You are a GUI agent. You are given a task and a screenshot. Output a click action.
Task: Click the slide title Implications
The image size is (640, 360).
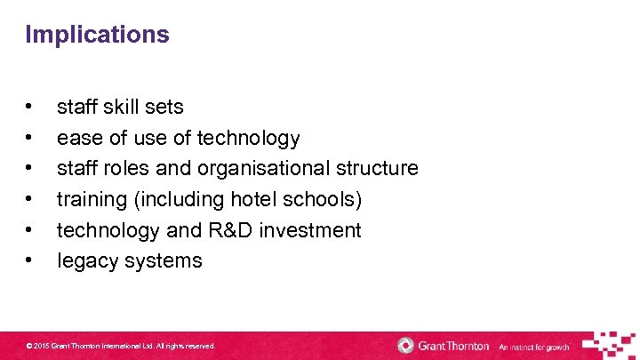tap(97, 35)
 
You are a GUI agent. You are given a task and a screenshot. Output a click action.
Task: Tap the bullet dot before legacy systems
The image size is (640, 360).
tap(30, 261)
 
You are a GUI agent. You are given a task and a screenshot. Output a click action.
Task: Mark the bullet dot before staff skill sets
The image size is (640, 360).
tap(30, 107)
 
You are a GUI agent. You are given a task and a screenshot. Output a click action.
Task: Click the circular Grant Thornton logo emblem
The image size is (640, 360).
tap(406, 345)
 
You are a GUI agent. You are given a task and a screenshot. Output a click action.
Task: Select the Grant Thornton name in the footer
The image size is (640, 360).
tap(454, 345)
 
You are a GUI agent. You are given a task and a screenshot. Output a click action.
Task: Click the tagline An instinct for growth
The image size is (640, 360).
tap(533, 346)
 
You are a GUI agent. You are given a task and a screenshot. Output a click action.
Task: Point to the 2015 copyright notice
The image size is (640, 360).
tap(121, 345)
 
